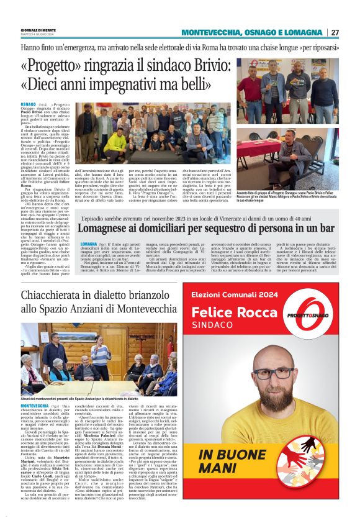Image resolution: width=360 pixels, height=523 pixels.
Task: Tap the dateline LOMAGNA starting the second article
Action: click(89, 244)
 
